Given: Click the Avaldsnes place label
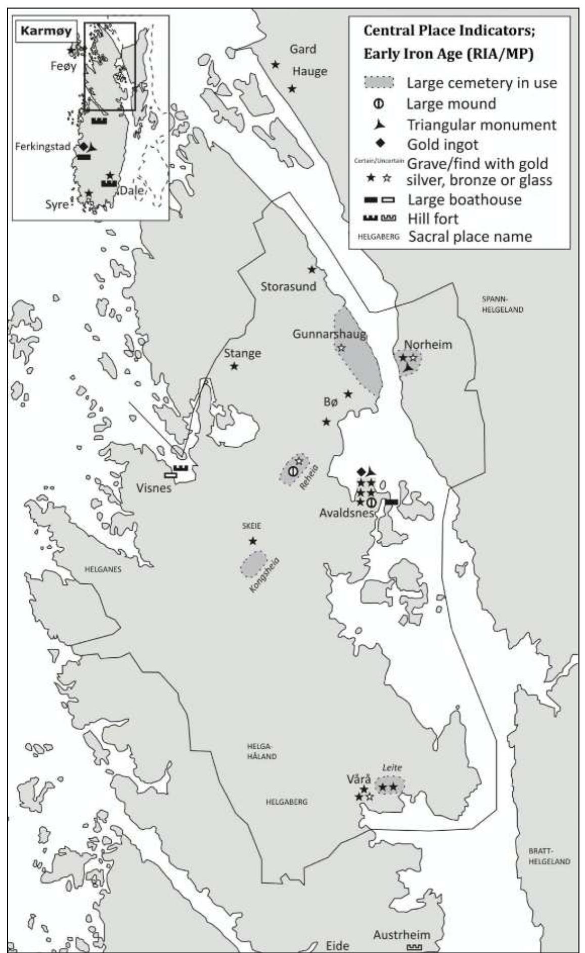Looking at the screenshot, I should pyautogui.click(x=346, y=512).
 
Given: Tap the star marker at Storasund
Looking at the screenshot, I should pyautogui.click(x=312, y=269).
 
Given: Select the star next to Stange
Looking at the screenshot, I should pyautogui.click(x=234, y=366).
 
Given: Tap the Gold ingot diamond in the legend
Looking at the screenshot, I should pyautogui.click(x=378, y=145).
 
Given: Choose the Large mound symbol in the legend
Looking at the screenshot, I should pyautogui.click(x=378, y=104).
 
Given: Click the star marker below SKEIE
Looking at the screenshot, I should pyautogui.click(x=253, y=541).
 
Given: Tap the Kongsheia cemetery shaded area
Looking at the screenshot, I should pyautogui.click(x=253, y=564).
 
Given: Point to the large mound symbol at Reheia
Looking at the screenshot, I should pyautogui.click(x=293, y=471).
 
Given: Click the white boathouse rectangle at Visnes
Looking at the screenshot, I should pyautogui.click(x=171, y=475).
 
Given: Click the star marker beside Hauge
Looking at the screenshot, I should pyautogui.click(x=292, y=88).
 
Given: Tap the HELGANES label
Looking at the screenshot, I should pyautogui.click(x=103, y=569).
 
